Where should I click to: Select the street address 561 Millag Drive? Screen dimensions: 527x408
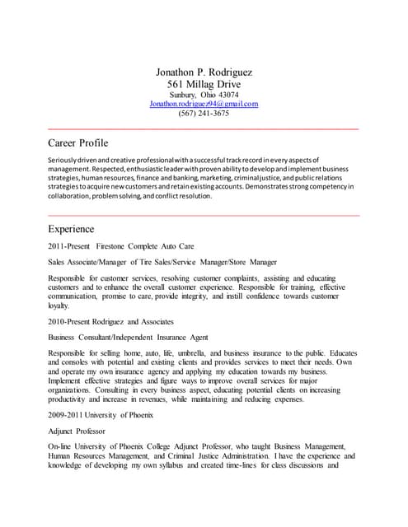click(204, 85)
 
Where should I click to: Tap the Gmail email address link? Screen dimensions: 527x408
click(204, 104)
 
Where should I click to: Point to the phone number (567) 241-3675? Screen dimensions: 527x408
click(204, 114)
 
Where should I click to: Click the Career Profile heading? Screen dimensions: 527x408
click(78, 142)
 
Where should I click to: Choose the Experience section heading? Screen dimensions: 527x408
click(71, 228)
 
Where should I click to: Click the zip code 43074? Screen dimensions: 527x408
click(227, 95)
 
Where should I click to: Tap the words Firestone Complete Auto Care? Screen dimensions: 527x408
click(145, 246)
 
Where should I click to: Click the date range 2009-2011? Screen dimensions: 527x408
click(65, 415)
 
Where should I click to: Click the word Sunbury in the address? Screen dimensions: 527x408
click(181, 95)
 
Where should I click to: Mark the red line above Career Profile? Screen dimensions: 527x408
click(204, 129)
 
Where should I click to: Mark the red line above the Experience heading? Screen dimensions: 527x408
click(204, 215)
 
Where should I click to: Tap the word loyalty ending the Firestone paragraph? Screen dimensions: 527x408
click(60, 304)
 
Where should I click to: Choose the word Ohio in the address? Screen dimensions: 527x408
click(207, 95)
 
